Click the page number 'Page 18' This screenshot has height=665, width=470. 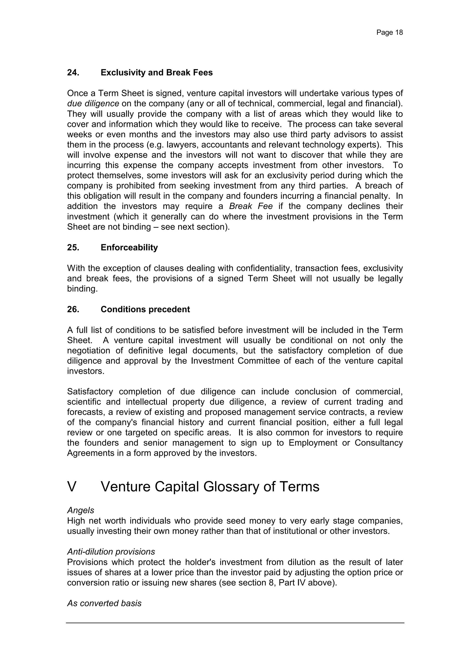pos(389,32)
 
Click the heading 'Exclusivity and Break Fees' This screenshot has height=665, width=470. pos(157,72)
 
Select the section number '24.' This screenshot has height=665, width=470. pos(73,72)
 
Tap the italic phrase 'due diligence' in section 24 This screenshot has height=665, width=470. pos(93,103)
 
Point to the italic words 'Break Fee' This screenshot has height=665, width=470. pos(251,206)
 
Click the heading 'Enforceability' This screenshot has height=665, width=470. pos(129,247)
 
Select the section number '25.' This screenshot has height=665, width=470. pos(73,247)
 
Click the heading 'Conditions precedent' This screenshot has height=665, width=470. pos(145,309)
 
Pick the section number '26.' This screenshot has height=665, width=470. pos(73,309)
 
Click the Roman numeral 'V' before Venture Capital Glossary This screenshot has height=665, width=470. pos(72,487)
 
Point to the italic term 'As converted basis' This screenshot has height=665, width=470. pos(104,603)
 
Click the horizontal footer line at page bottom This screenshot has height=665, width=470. pos(235,623)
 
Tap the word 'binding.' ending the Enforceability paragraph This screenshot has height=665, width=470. pos(82,289)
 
